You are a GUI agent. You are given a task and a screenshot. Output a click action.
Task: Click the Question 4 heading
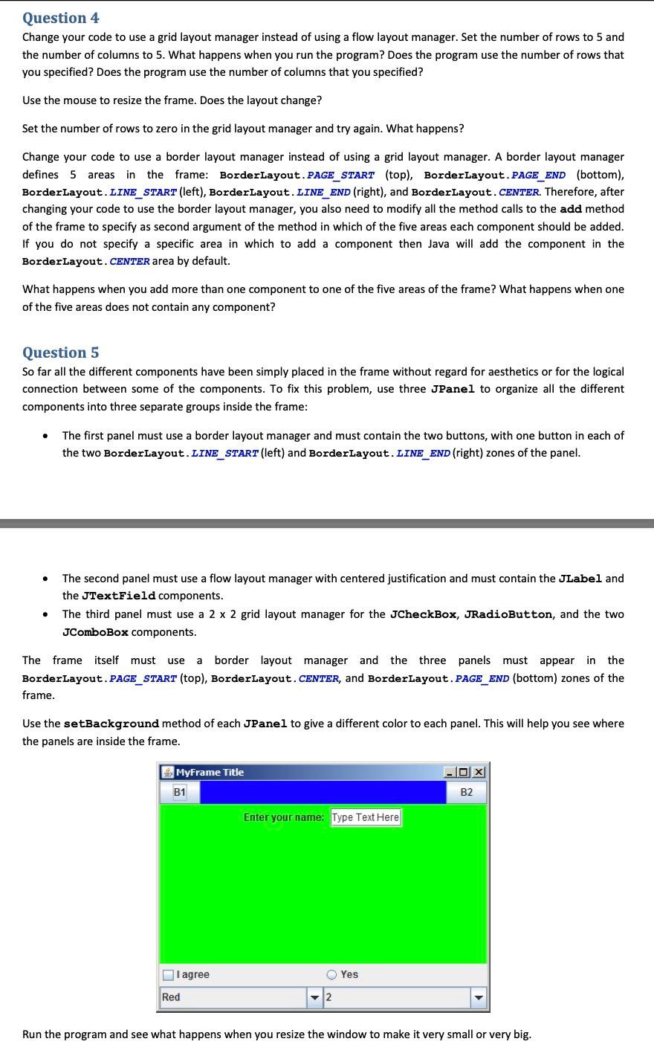(x=61, y=18)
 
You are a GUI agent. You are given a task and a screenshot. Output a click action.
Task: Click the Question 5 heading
(x=61, y=352)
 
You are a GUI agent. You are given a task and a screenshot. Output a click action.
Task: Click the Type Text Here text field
(x=366, y=817)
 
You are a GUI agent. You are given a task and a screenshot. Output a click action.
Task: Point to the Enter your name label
(x=284, y=817)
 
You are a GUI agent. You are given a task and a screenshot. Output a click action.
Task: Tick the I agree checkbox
(x=169, y=975)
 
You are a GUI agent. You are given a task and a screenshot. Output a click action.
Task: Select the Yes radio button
(x=332, y=975)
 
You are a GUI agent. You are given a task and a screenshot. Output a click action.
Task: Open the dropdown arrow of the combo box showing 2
(x=478, y=997)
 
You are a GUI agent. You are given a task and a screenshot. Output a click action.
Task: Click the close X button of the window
(x=479, y=772)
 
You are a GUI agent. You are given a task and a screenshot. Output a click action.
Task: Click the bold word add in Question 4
(x=571, y=209)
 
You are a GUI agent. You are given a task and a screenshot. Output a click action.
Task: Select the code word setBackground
(x=111, y=724)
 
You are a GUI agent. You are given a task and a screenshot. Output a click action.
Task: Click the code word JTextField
(x=109, y=596)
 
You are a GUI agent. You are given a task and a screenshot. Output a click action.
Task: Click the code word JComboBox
(x=95, y=632)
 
